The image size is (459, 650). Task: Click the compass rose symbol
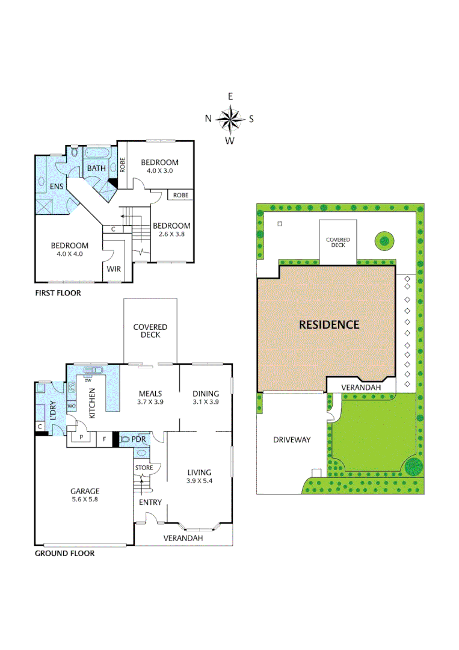[x=230, y=119]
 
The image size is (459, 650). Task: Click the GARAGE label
[x=85, y=491]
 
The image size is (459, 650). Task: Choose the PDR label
[x=139, y=440]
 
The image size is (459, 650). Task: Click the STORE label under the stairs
[x=144, y=468]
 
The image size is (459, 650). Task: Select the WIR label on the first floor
[x=114, y=269]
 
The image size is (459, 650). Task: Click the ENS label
[x=57, y=187]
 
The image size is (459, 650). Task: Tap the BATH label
[x=96, y=169]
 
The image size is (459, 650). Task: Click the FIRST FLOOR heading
[x=57, y=293]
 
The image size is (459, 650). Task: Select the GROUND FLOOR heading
[x=64, y=553]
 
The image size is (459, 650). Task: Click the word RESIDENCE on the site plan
[x=329, y=324]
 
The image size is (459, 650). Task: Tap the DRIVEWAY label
[x=292, y=440]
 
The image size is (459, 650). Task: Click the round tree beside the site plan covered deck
[x=384, y=242]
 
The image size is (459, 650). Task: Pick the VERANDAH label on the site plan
[x=361, y=388]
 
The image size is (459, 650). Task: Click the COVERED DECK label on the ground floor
[x=150, y=330]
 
